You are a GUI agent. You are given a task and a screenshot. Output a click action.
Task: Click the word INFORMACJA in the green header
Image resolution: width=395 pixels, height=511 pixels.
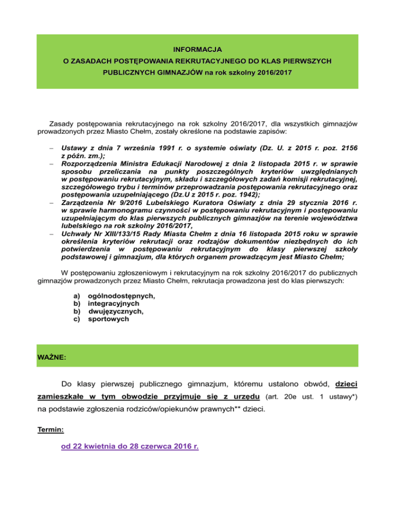197,50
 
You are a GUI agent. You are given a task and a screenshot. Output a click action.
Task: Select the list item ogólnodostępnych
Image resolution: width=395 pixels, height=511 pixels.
121,296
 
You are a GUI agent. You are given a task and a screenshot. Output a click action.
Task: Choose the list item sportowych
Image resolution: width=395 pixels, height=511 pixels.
109,319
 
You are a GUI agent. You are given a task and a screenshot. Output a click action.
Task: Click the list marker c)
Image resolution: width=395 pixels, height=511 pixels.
78,319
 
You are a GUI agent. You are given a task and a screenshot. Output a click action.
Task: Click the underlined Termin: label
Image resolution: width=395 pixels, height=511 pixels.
52,428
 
